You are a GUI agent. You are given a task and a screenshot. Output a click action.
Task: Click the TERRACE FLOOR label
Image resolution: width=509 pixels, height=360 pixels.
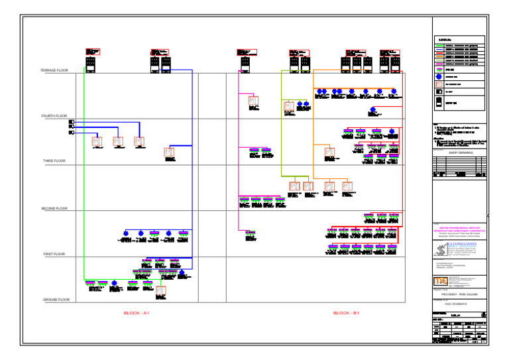coord(54,70)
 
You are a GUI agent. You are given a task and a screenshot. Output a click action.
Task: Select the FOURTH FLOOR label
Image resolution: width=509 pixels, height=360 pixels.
coord(54,116)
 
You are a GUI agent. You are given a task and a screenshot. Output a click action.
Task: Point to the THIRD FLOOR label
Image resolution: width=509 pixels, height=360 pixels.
coord(54,161)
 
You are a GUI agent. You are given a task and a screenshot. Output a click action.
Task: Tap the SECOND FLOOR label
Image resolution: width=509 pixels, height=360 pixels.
coord(54,209)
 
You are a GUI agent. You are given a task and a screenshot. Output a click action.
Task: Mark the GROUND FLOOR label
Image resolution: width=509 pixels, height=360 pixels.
coord(56,300)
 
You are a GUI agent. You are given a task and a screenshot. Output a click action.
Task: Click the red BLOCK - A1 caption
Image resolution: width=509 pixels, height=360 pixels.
coord(137,312)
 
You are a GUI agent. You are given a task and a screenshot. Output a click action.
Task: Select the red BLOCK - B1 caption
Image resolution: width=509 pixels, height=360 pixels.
coord(346,312)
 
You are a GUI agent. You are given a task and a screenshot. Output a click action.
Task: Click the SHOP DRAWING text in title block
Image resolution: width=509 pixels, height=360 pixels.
coord(458,152)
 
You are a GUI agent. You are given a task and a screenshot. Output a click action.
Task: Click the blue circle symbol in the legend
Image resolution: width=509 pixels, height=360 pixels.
coord(438,77)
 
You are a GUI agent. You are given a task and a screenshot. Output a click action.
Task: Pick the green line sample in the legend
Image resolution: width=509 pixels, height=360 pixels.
coord(438,42)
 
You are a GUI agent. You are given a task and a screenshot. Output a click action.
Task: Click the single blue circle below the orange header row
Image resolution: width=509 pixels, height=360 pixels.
coord(372,109)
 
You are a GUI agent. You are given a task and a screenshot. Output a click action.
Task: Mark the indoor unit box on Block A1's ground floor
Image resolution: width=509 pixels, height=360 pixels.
coord(160,290)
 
